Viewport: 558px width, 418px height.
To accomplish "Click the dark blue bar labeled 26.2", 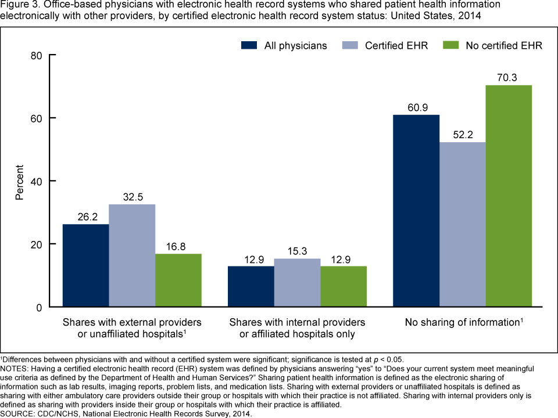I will coord(85,265).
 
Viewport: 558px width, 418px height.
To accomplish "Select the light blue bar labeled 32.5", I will coord(132,255).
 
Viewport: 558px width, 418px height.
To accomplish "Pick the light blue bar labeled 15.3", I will coord(297,283).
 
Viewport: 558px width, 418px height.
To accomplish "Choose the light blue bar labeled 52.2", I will coord(463,225).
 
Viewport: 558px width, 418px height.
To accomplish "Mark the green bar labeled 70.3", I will coord(509,196).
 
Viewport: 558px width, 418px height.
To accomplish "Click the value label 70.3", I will coord(509,77).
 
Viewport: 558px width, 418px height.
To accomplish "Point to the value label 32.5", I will coord(132,196).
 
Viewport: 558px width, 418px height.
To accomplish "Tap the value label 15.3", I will coord(297,250).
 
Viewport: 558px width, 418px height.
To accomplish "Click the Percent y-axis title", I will coord(19,181).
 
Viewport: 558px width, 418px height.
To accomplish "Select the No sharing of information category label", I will coord(462,322).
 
